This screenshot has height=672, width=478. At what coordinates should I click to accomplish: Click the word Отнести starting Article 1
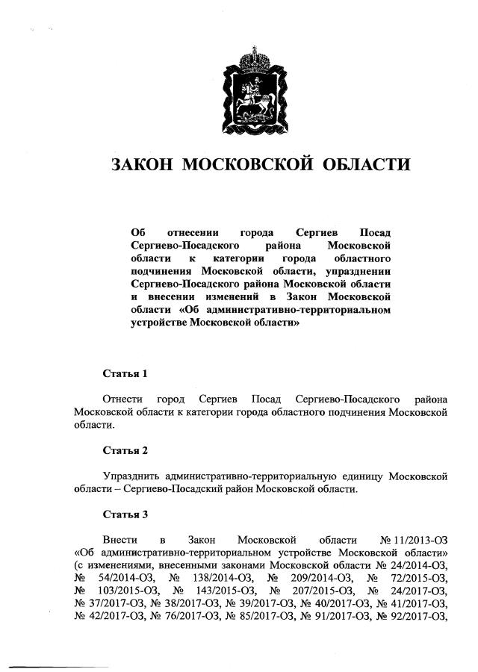tap(122, 398)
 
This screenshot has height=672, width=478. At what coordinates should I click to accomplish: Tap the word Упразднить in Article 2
tap(132, 476)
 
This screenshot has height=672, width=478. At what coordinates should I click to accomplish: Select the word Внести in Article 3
tap(119, 540)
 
